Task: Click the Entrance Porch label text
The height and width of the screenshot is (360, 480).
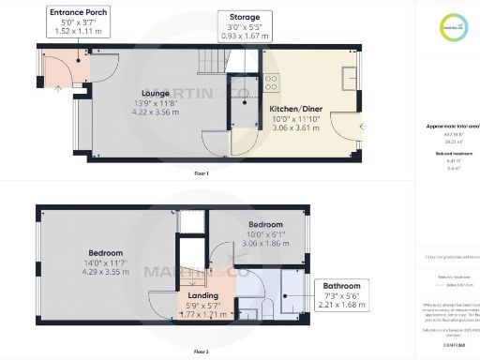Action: click(78, 12)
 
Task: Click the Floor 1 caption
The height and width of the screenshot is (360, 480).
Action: click(201, 173)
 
